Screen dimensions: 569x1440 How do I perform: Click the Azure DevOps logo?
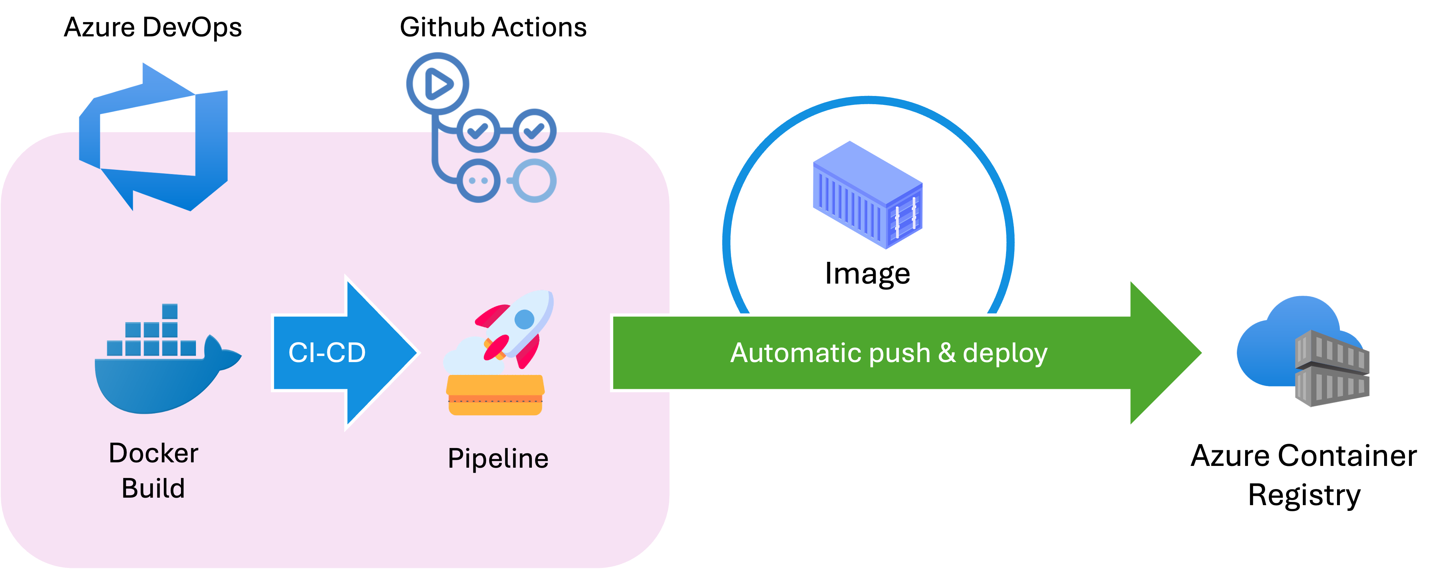tap(154, 137)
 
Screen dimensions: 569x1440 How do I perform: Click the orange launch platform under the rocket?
tap(495, 395)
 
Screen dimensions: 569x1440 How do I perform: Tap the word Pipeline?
tap(497, 459)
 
